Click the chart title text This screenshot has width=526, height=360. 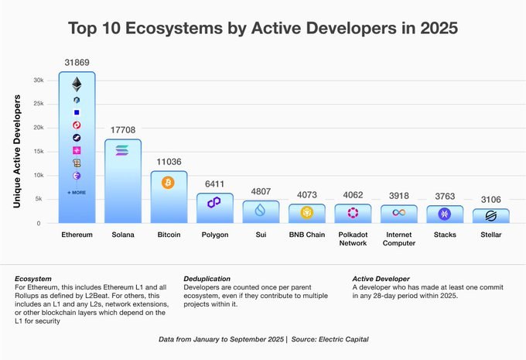263,29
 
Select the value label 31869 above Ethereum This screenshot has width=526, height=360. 77,61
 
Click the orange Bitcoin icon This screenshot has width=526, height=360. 168,183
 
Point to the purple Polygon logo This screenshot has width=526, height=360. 214,202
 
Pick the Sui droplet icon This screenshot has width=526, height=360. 260,209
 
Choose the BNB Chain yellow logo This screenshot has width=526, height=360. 306,212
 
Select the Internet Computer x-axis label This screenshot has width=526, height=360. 399,239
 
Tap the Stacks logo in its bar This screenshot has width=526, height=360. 445,214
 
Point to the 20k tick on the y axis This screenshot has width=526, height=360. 36,128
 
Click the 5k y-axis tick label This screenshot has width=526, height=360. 39,199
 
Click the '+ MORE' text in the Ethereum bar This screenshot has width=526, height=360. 77,192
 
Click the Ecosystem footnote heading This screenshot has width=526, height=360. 33,278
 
